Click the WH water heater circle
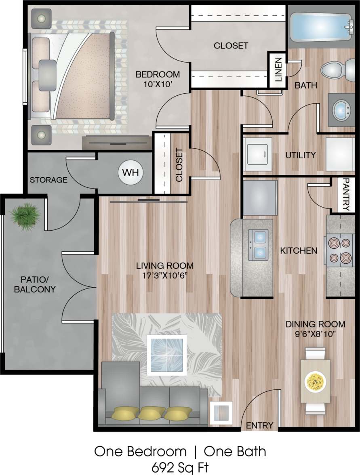131,172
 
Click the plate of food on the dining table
315,380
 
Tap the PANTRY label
346,195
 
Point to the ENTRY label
259,425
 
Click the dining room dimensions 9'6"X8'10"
315,334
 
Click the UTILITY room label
300,155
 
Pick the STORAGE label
48,180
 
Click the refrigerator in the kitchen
260,198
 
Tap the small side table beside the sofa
221,413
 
